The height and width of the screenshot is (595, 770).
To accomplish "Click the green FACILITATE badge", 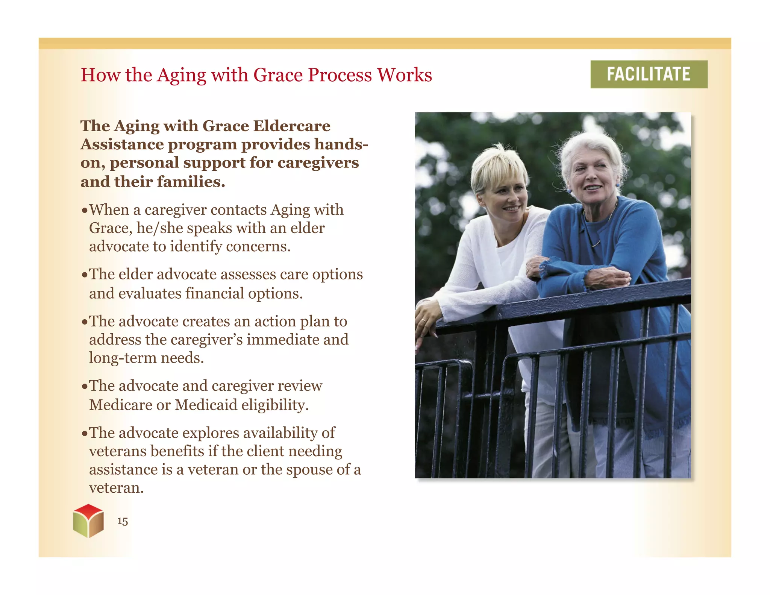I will (649, 74).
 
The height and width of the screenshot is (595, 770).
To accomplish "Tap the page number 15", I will (123, 521).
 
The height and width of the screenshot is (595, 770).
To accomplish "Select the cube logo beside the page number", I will (88, 521).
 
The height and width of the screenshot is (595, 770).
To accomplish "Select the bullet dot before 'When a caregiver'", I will (85, 210).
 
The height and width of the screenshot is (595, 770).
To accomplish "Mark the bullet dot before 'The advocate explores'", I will (85, 433).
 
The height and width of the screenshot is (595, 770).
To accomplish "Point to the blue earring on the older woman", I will (617, 185).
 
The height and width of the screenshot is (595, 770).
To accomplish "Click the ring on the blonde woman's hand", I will (424, 320).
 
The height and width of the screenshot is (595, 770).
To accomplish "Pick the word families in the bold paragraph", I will (191, 182).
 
